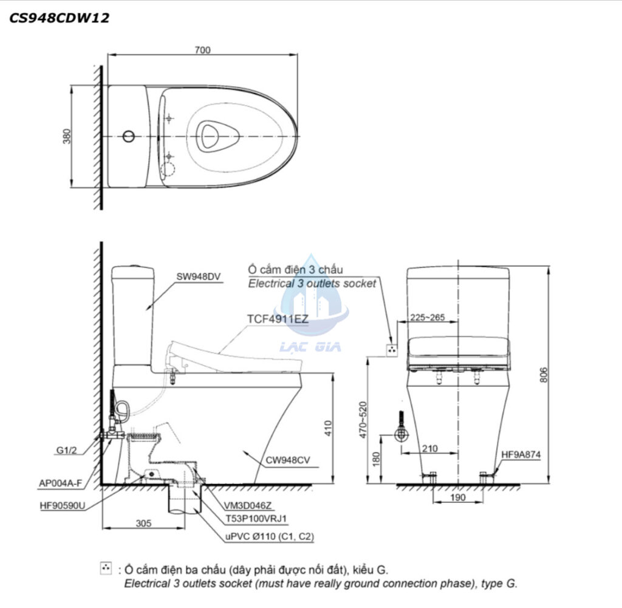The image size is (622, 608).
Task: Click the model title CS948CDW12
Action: (59, 18)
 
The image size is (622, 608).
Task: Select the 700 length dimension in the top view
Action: (202, 50)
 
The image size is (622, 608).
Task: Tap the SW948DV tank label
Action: (198, 276)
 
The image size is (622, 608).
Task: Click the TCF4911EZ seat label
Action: (278, 318)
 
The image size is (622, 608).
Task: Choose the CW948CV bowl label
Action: (287, 460)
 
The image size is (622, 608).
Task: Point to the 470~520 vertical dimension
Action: (363, 419)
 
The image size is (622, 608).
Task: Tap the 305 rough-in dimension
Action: (143, 522)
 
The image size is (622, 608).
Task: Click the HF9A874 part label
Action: (521, 454)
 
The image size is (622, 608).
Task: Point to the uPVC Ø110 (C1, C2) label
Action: (268, 536)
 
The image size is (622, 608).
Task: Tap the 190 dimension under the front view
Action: (459, 497)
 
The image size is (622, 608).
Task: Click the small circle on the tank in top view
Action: (128, 136)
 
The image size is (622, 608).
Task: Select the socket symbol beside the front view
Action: (392, 349)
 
